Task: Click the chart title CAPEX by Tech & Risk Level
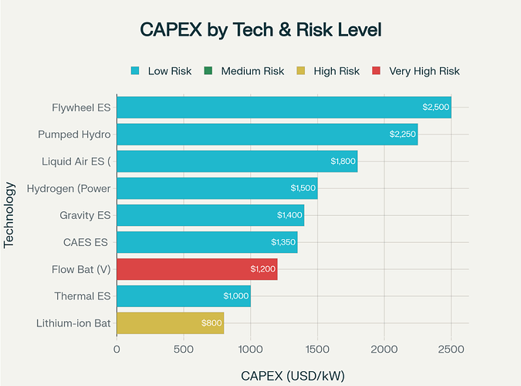261,29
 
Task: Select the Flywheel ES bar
283,108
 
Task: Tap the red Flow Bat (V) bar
197,269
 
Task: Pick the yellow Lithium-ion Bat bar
170,323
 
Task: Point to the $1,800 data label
343,161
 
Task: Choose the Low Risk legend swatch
136,71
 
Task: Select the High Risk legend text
337,71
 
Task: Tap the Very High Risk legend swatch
376,71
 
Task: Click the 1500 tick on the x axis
317,350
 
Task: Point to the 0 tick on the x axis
117,350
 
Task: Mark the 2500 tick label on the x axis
451,350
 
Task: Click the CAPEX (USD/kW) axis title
293,375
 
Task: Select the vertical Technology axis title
10,214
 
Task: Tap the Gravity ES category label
85,215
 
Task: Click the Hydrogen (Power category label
69,188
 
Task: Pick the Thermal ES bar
184,296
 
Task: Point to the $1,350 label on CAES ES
283,242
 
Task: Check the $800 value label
211,323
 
